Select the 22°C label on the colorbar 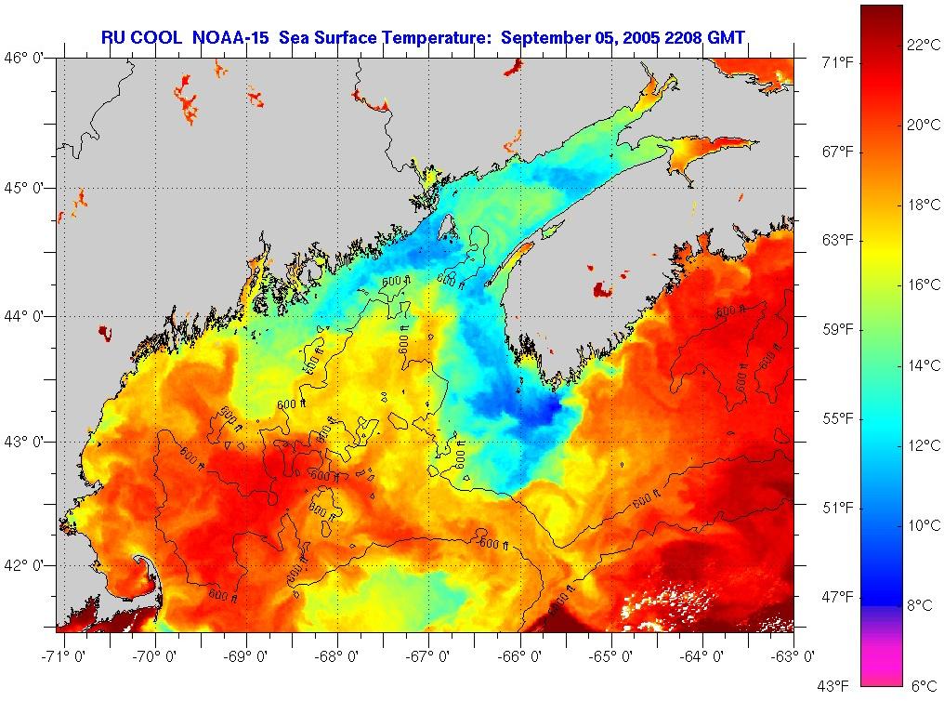923,45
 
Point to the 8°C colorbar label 920,605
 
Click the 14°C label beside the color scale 923,365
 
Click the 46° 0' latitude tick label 29,58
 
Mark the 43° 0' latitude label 29,442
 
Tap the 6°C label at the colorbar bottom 923,686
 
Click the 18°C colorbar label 923,205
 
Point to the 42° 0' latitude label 29,565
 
